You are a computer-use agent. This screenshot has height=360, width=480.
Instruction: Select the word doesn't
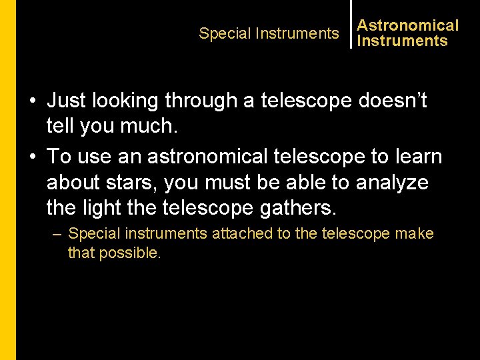[393, 101]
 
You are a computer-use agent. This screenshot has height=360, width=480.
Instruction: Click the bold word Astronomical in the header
[408, 25]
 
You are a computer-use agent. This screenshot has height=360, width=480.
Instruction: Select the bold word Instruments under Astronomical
[402, 41]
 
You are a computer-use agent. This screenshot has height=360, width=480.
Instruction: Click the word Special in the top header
[223, 33]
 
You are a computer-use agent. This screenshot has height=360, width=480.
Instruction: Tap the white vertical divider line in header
[351, 24]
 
